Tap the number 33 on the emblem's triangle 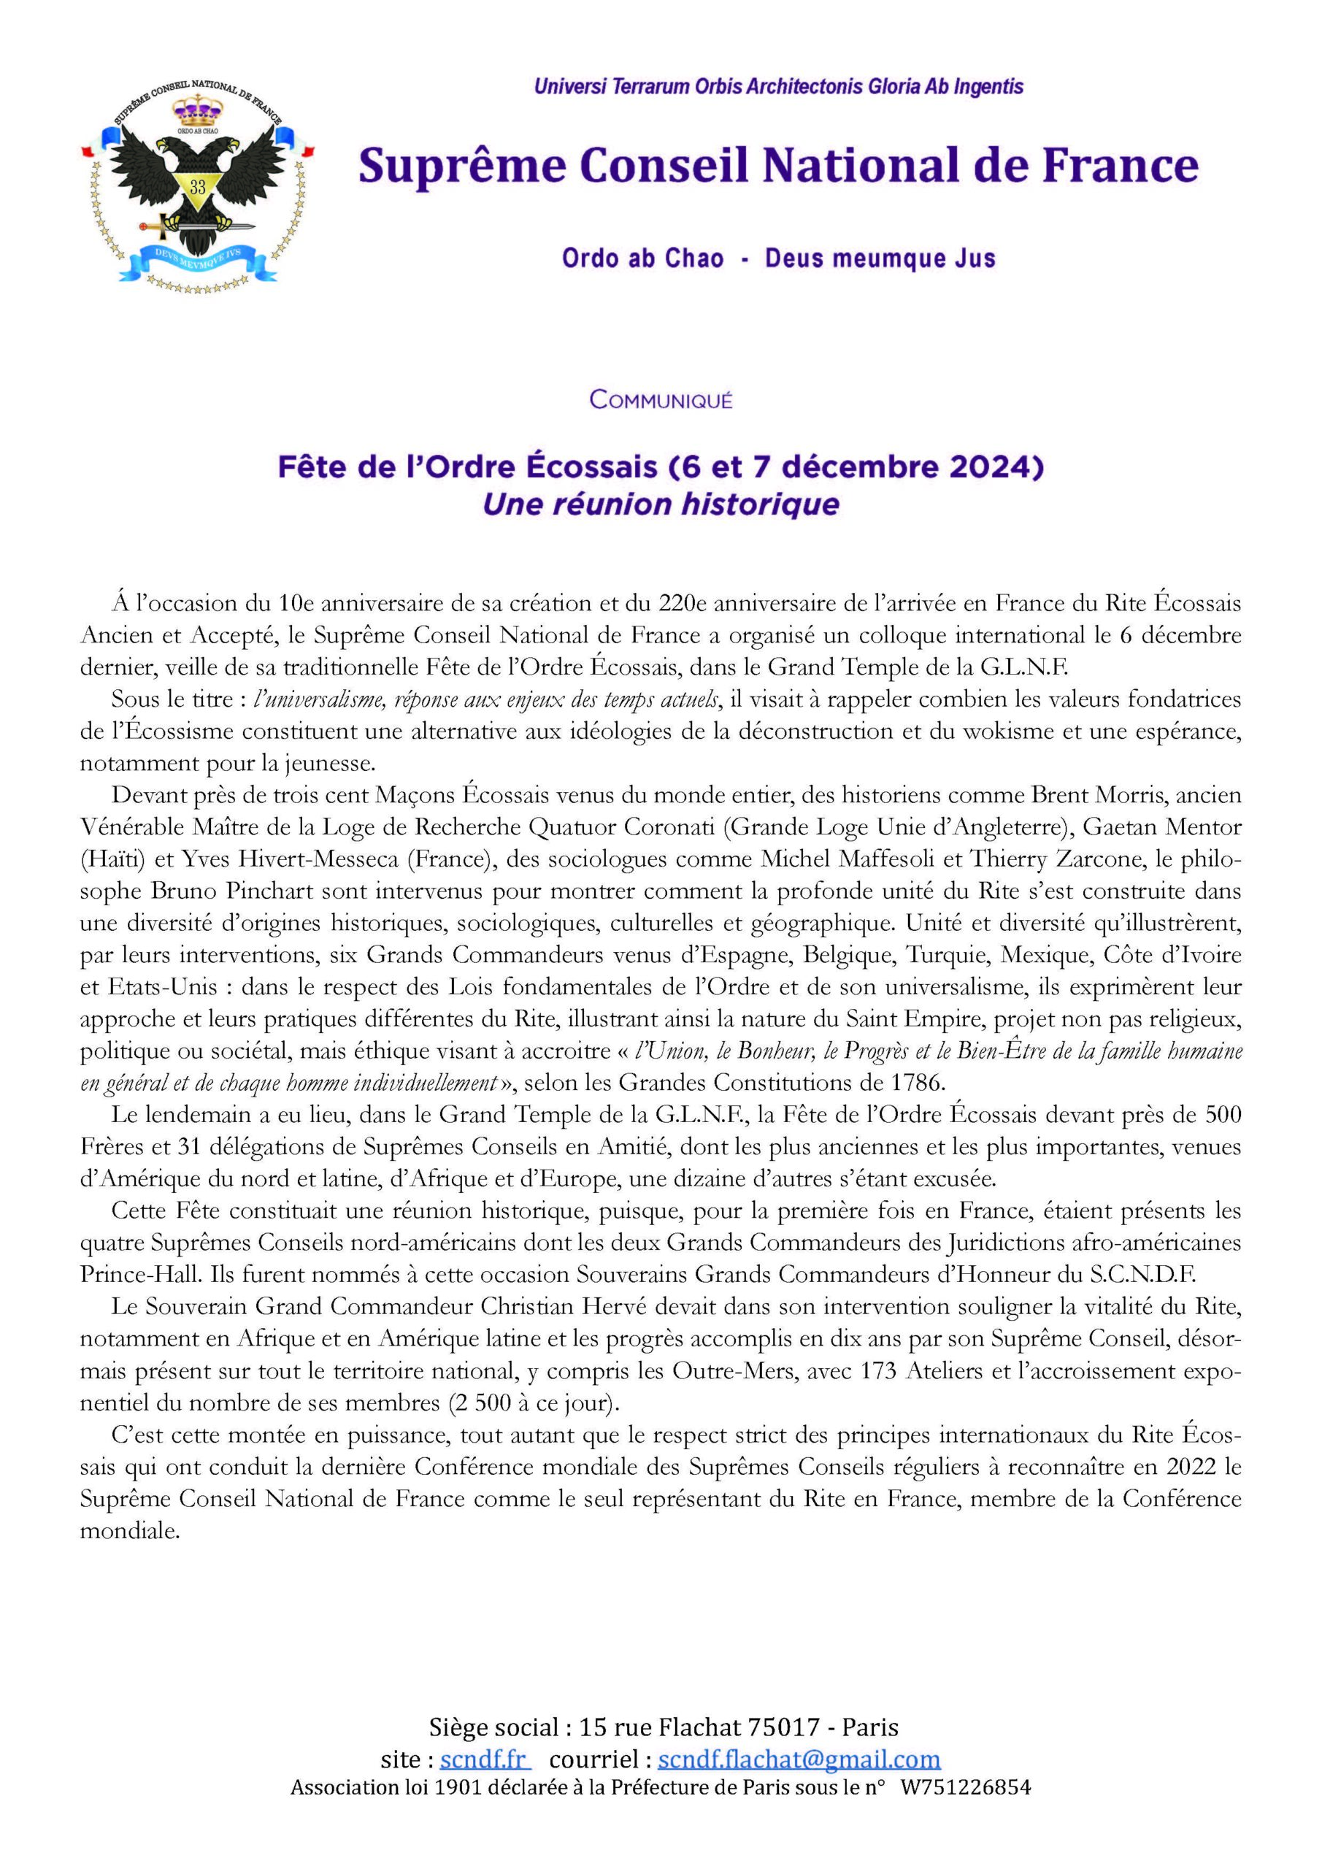[x=198, y=186]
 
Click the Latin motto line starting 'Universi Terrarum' [x=778, y=87]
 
